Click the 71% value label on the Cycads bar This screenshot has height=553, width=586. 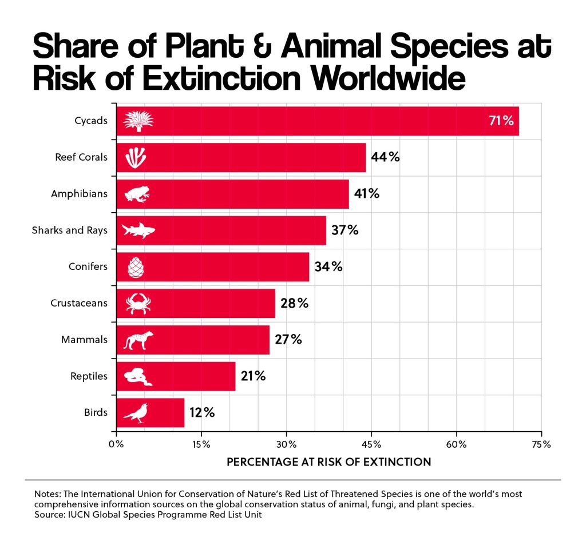click(501, 121)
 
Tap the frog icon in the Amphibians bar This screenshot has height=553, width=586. click(137, 194)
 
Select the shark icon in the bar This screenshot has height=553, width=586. click(138, 231)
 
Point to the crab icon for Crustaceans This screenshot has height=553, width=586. click(138, 303)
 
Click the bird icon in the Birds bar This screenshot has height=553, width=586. click(136, 413)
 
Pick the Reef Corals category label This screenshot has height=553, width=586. click(81, 157)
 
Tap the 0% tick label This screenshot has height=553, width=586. click(116, 444)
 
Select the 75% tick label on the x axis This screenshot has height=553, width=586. click(541, 444)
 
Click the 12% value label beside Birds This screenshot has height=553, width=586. click(202, 412)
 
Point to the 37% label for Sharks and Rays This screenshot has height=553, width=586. click(345, 230)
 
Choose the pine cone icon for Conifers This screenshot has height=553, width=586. click(136, 267)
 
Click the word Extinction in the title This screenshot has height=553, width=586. click(221, 78)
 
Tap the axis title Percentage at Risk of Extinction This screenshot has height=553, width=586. click(329, 462)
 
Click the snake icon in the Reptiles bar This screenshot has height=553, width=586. click(137, 376)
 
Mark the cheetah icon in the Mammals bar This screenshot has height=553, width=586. click(138, 340)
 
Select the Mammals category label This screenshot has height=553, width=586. click(84, 340)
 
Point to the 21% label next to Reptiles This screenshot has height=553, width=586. click(254, 376)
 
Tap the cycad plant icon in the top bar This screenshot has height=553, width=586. click(138, 121)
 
